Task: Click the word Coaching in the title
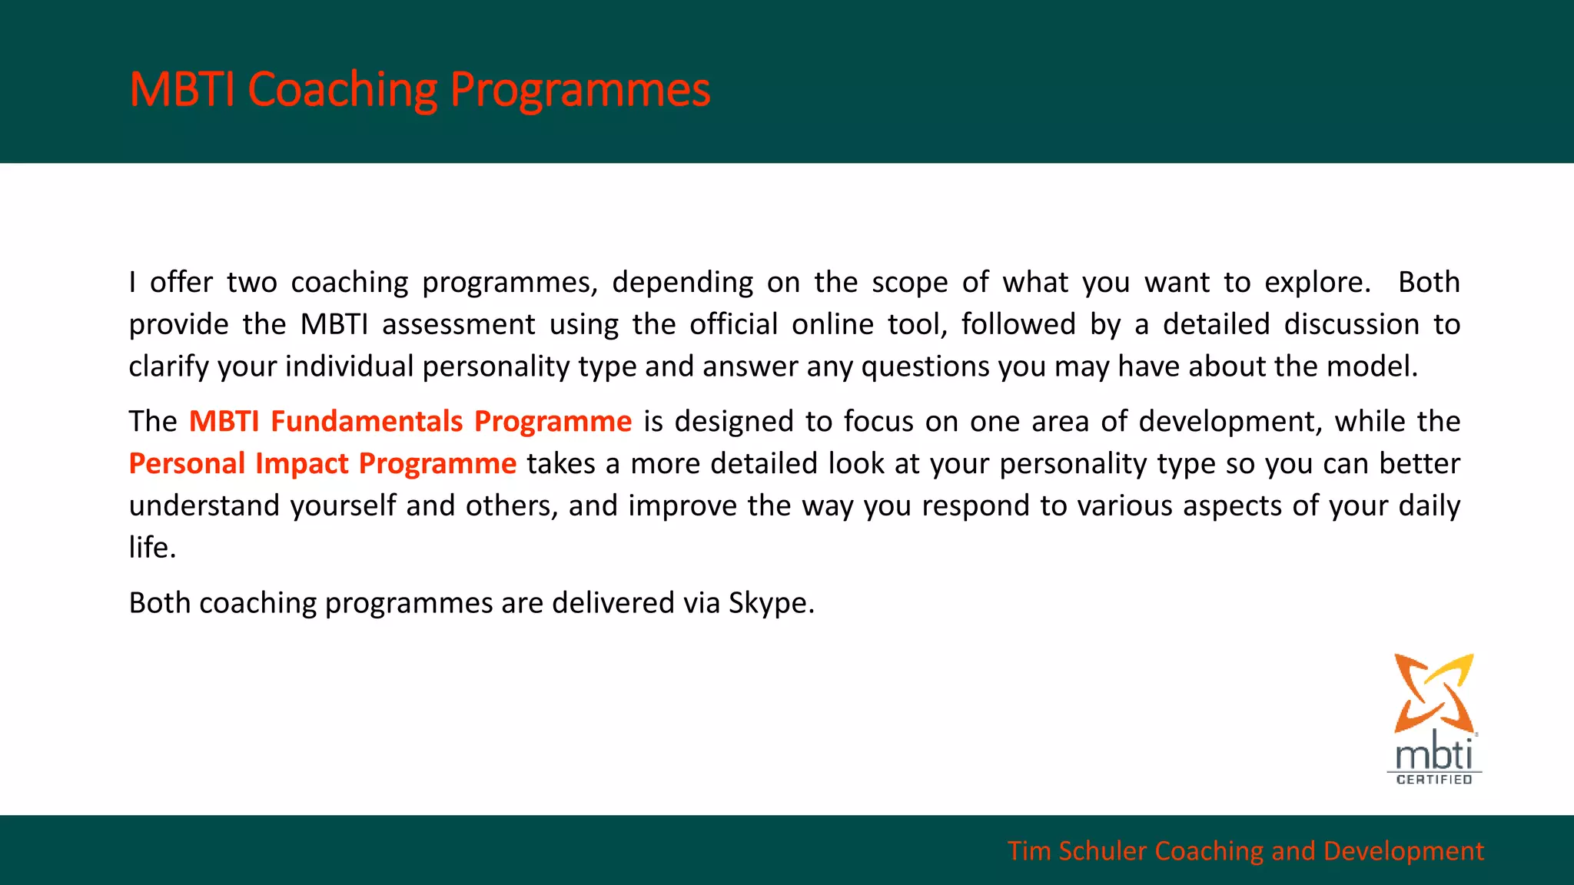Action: [x=342, y=90]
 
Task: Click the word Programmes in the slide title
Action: [x=579, y=90]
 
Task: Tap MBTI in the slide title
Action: [x=181, y=90]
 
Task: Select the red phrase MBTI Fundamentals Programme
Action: [x=410, y=422]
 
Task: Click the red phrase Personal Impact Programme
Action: [x=322, y=464]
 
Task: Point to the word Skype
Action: [x=770, y=603]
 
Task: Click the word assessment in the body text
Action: [x=458, y=324]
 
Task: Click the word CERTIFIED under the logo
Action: [x=1434, y=780]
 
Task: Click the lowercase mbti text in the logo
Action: [x=1433, y=754]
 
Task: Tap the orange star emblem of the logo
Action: [x=1433, y=692]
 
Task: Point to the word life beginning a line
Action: [x=151, y=548]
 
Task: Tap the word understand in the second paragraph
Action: [x=204, y=506]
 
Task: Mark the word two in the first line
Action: [x=251, y=283]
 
